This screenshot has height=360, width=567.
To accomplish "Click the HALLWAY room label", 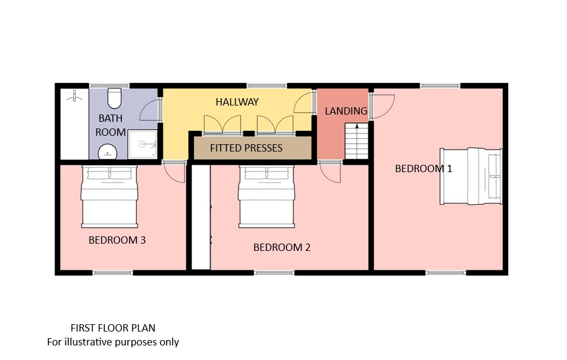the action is (x=237, y=102).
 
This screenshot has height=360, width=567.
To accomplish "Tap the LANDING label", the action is (x=346, y=111).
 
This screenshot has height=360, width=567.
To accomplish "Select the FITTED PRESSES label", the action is (x=247, y=148).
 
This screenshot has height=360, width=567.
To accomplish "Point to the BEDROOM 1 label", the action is (x=423, y=168).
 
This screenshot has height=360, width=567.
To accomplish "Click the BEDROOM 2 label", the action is (x=282, y=247).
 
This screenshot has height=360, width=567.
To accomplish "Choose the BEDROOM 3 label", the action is (x=117, y=240).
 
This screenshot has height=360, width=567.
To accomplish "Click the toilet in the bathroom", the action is (x=114, y=98).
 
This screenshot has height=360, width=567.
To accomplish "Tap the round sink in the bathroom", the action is (x=108, y=152).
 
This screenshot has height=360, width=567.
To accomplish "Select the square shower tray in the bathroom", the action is (x=142, y=144).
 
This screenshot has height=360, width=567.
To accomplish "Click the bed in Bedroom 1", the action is (x=471, y=176).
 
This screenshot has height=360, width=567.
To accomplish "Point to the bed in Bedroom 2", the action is (x=266, y=196).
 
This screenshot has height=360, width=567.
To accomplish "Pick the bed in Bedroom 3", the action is (x=109, y=196).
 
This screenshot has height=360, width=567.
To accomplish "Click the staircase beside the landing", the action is (x=357, y=141).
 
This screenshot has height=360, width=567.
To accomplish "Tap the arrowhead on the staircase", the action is (x=357, y=126).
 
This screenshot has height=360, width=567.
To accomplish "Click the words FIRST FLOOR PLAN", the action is (x=113, y=328).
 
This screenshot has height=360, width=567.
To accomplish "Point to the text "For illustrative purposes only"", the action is (x=113, y=342).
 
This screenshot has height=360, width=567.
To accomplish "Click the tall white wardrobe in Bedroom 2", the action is (x=201, y=217).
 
